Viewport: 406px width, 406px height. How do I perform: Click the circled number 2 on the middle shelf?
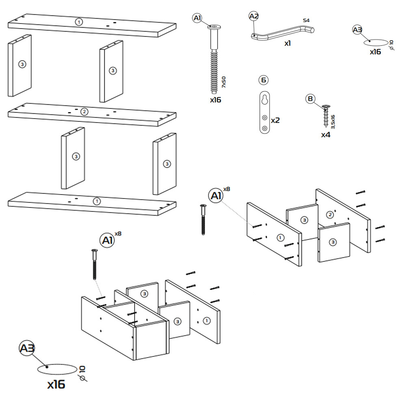point(84,112)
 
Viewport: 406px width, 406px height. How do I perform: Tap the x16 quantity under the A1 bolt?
point(216,99)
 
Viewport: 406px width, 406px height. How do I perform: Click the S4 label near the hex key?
point(306,20)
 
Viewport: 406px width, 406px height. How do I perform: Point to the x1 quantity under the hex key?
point(287,43)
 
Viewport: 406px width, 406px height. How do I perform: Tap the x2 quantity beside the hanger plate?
point(275,120)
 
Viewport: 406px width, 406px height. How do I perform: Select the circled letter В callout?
point(310,99)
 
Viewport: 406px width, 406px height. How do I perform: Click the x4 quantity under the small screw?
point(326,134)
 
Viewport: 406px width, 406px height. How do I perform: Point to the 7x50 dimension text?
point(224,82)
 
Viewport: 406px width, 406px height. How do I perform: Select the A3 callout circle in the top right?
point(357,30)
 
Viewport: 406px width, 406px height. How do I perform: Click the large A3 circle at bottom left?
point(27,348)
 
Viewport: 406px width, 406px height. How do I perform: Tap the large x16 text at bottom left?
point(56,384)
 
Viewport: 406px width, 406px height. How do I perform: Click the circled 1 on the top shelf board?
point(79,22)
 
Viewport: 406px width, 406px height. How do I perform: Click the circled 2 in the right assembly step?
point(330,214)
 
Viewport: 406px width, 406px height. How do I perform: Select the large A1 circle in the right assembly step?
point(216,196)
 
